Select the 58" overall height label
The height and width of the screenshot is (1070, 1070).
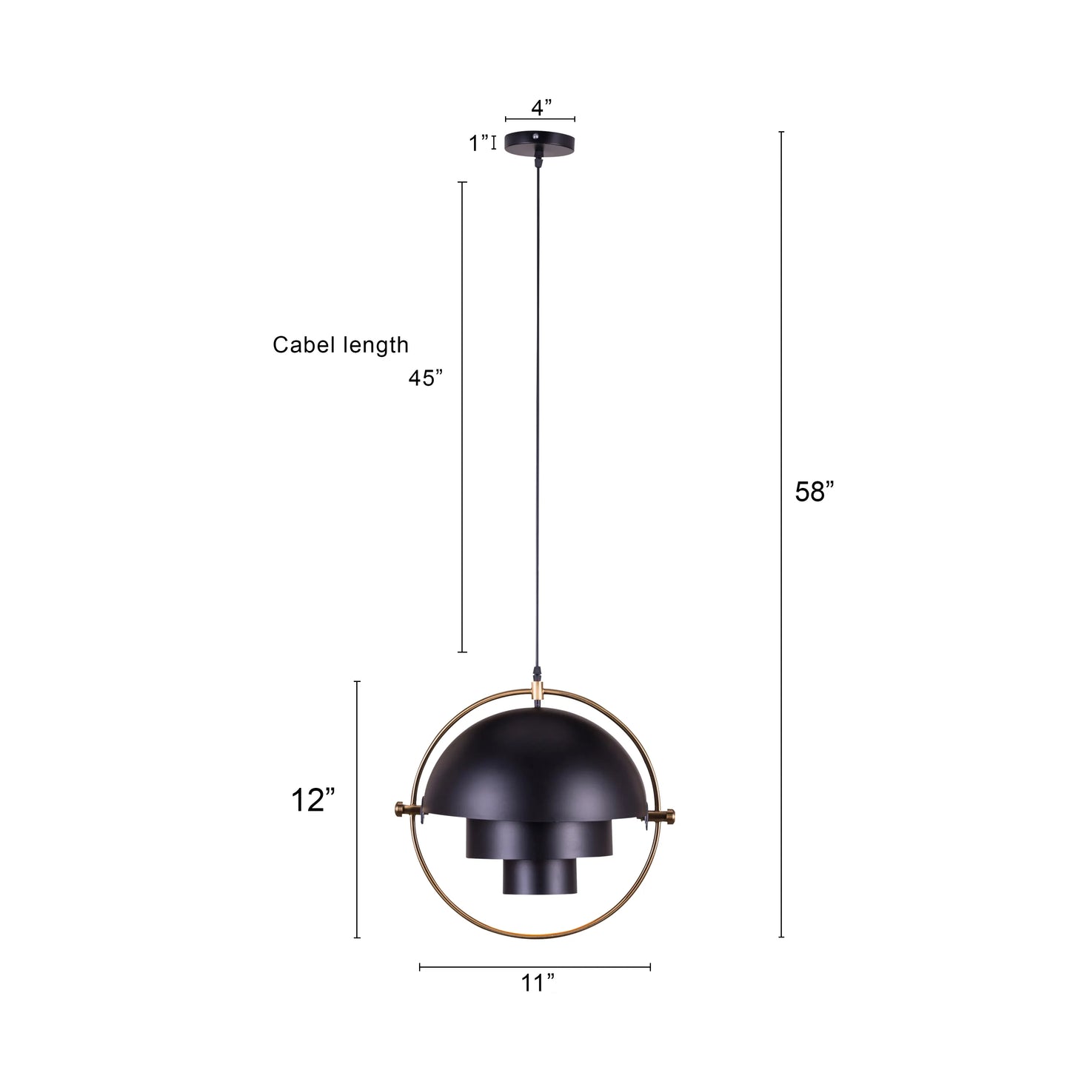click(815, 491)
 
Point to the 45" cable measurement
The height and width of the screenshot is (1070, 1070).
click(426, 378)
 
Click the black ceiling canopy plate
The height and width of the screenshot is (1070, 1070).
click(540, 144)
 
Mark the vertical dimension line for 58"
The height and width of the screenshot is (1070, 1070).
click(781, 533)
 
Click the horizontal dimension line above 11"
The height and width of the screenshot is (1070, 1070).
click(535, 966)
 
